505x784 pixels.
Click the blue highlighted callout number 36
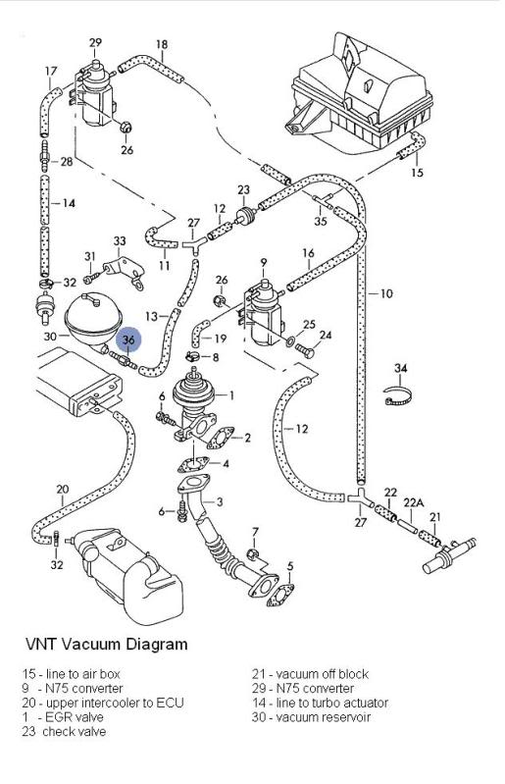(x=128, y=340)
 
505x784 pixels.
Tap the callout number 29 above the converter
(x=95, y=42)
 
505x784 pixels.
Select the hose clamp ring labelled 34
(x=399, y=396)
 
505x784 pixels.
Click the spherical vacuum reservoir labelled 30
(x=93, y=319)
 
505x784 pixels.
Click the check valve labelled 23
(x=244, y=216)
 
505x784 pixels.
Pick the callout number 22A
(x=413, y=502)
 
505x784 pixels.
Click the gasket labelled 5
(x=280, y=595)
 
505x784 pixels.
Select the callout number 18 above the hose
(x=162, y=44)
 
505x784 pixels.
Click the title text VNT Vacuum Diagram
(x=107, y=644)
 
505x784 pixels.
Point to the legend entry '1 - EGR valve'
(x=63, y=717)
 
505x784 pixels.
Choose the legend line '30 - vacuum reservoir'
(x=311, y=717)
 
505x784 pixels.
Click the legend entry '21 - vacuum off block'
(x=310, y=674)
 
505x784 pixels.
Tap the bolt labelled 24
(x=305, y=349)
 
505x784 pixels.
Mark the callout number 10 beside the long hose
(x=386, y=293)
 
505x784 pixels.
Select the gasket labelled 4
(x=193, y=465)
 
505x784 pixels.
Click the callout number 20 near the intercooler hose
(x=63, y=489)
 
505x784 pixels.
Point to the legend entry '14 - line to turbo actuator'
(x=320, y=703)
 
